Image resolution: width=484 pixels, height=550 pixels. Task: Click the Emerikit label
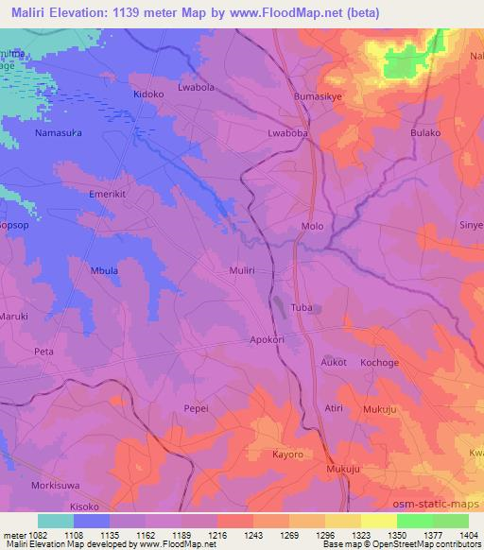coord(107,194)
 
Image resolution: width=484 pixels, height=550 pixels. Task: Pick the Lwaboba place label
coord(289,134)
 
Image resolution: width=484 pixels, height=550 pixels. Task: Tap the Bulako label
coord(425,134)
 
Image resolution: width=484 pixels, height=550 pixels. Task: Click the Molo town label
coord(312,227)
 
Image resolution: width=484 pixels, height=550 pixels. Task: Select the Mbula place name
coord(105,268)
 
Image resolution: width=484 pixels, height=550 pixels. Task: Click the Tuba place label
coord(302,309)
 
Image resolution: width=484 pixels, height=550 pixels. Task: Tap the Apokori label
coord(268,338)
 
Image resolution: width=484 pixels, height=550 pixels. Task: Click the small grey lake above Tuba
coord(280,303)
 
